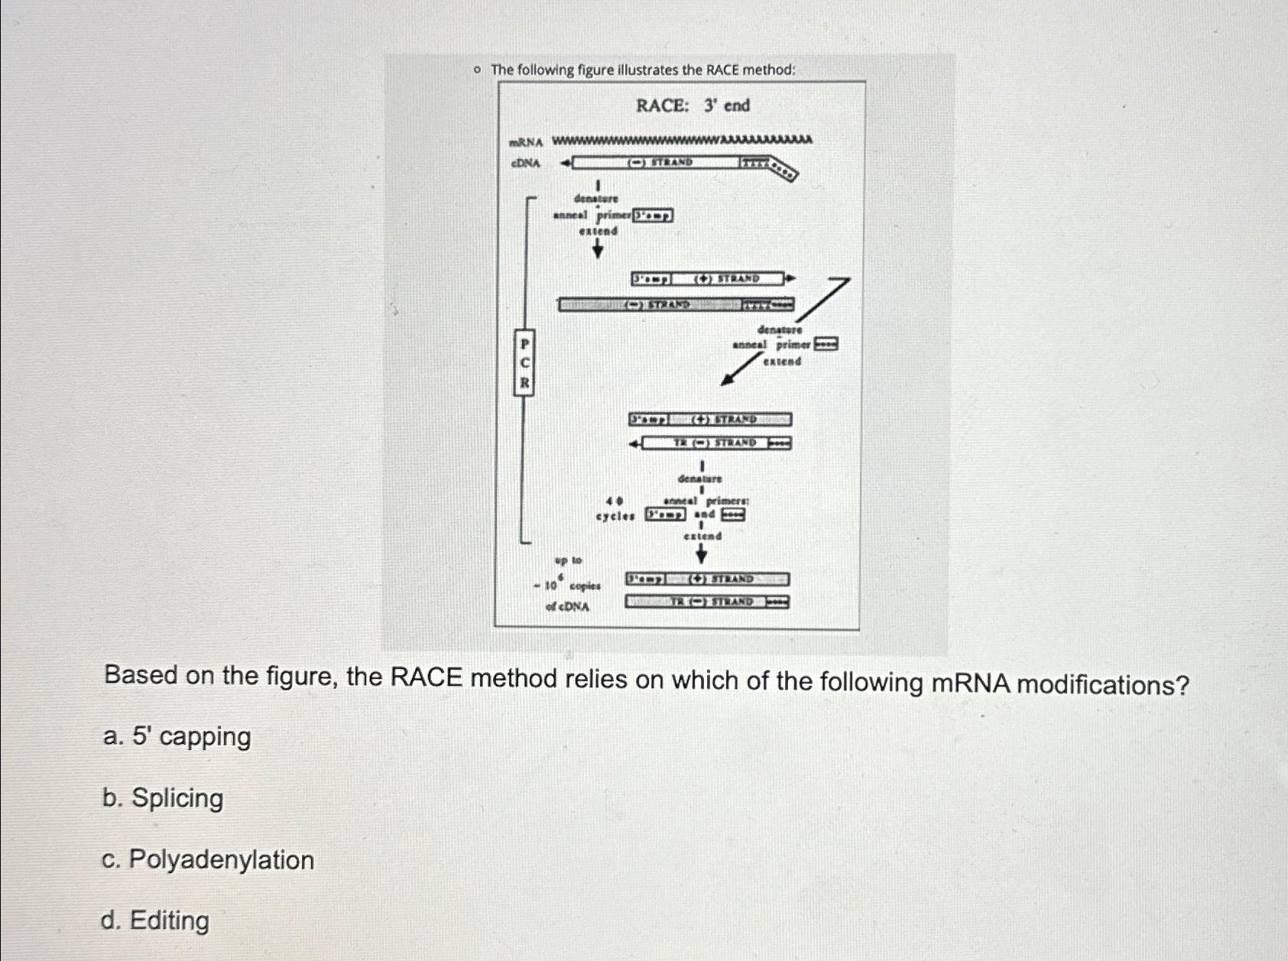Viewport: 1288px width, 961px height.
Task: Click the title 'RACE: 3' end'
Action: click(693, 106)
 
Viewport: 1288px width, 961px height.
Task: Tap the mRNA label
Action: click(526, 142)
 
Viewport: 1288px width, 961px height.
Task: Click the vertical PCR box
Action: click(524, 362)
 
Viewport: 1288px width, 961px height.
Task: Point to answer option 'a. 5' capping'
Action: click(177, 737)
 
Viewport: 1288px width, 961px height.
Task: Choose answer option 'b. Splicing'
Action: click(163, 798)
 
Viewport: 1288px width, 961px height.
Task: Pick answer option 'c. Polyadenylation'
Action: click(207, 860)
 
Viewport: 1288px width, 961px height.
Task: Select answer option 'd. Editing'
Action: click(154, 920)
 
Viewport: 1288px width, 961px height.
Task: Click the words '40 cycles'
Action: click(615, 509)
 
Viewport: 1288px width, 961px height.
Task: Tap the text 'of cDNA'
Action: click(567, 607)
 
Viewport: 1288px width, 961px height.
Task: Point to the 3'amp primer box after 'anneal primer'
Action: click(653, 216)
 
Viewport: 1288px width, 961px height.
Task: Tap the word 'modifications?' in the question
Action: click(1103, 684)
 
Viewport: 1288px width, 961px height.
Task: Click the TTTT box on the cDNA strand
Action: click(754, 163)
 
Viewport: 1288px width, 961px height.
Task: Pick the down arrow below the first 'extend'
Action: click(598, 248)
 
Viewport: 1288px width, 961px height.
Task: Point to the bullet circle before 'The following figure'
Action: click(476, 70)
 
